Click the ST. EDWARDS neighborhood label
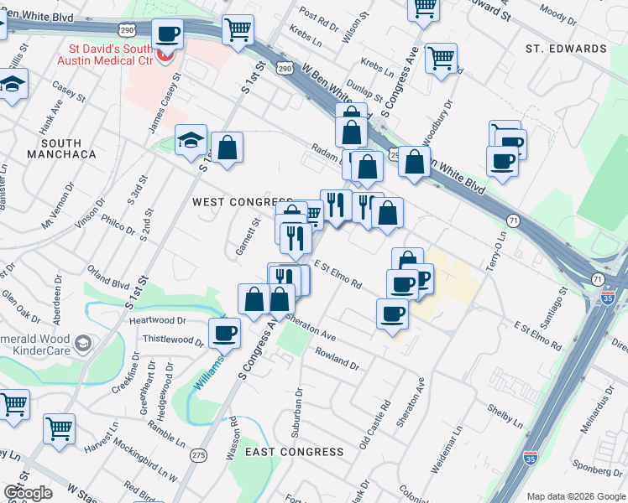click(566, 49)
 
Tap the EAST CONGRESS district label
click(295, 452)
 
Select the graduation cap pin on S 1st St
click(191, 140)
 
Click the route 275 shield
click(198, 455)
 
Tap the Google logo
click(28, 493)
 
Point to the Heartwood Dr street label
click(156, 321)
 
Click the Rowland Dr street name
click(337, 360)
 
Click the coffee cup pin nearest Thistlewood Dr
click(224, 333)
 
